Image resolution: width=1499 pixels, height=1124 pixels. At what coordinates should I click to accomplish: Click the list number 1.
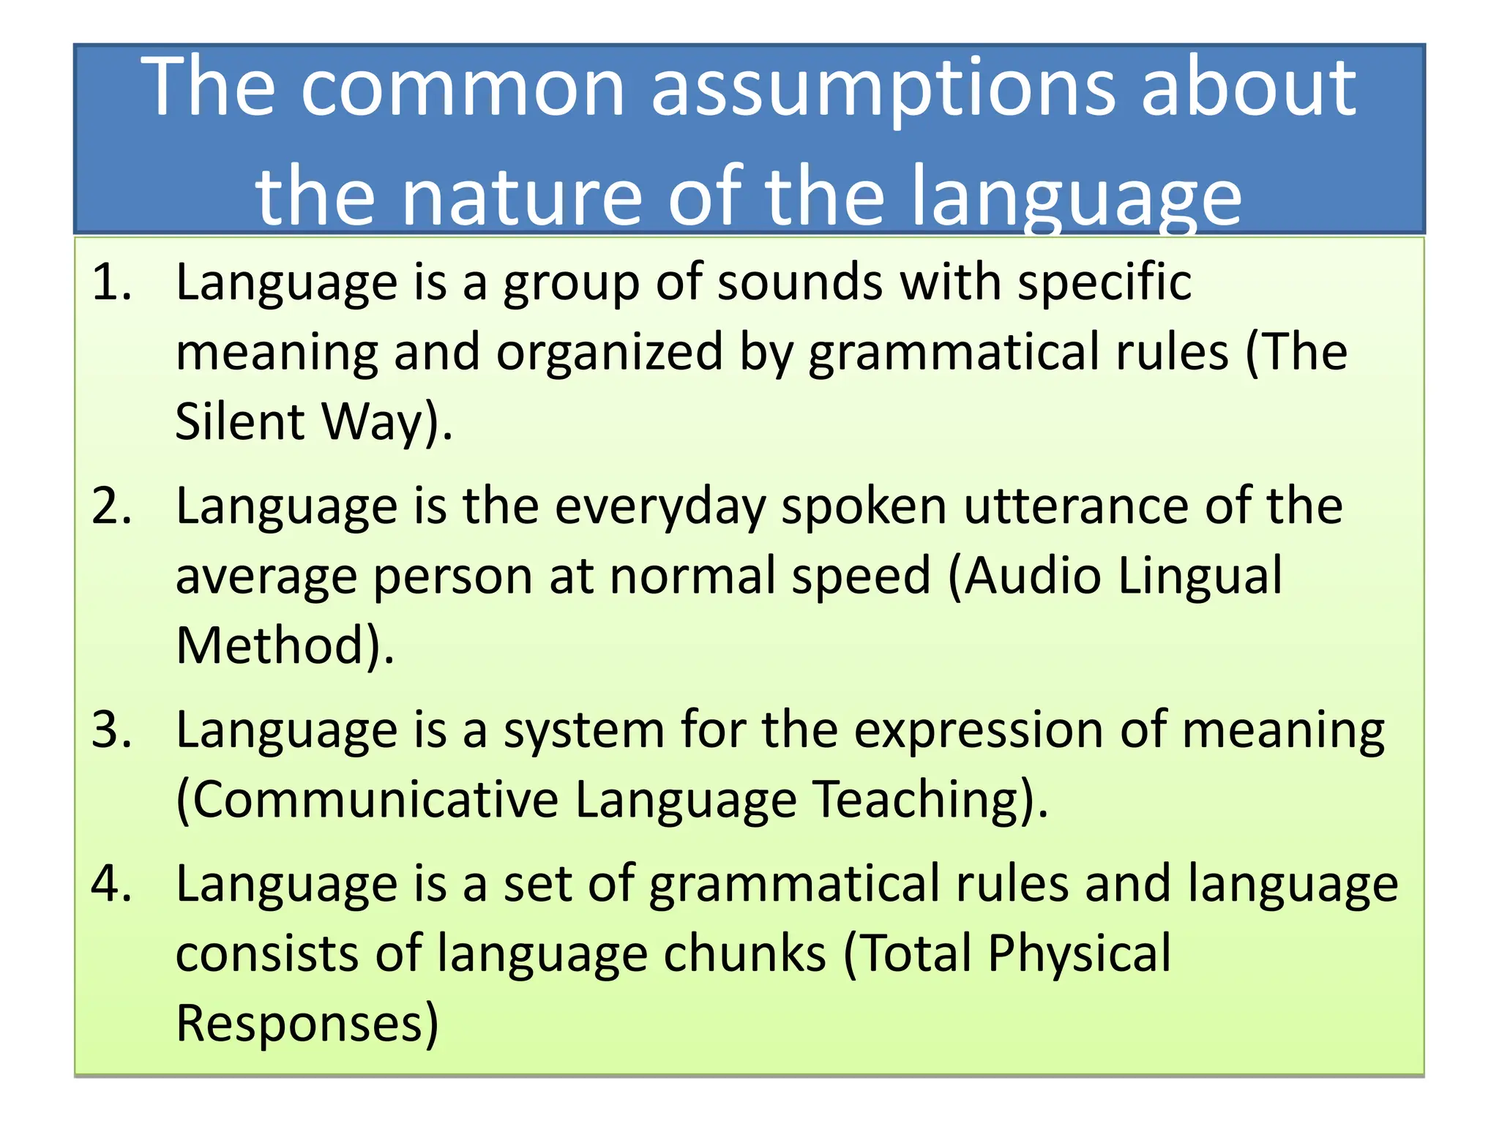tap(111, 282)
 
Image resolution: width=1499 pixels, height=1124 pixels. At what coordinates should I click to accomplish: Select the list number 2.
tap(111, 506)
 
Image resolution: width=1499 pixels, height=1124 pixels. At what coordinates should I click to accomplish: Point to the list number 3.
tap(111, 730)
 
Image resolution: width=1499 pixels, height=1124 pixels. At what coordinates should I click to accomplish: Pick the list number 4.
tap(111, 884)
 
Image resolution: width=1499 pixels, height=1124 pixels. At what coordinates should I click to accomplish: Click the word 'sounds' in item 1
tap(799, 282)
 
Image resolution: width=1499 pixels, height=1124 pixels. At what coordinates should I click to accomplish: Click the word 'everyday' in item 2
tap(659, 506)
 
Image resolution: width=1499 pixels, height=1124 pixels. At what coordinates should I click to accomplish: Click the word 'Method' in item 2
tap(271, 645)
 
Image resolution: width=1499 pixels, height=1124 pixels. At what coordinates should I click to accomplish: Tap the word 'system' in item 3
tap(583, 730)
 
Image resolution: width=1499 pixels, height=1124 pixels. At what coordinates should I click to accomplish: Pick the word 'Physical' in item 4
tap(1080, 953)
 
